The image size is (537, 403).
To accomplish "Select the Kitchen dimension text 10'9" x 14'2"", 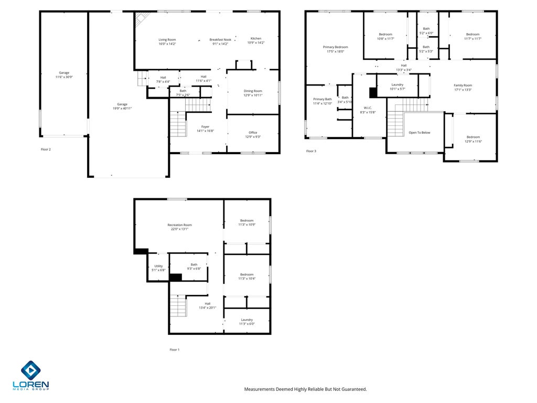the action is pos(256,43).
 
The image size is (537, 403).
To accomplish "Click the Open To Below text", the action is pos(420,133).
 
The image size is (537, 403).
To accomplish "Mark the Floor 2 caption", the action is pos(46,150).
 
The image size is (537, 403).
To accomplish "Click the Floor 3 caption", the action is pos(311,151).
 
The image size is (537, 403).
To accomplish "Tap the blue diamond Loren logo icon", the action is pos(31,370).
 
